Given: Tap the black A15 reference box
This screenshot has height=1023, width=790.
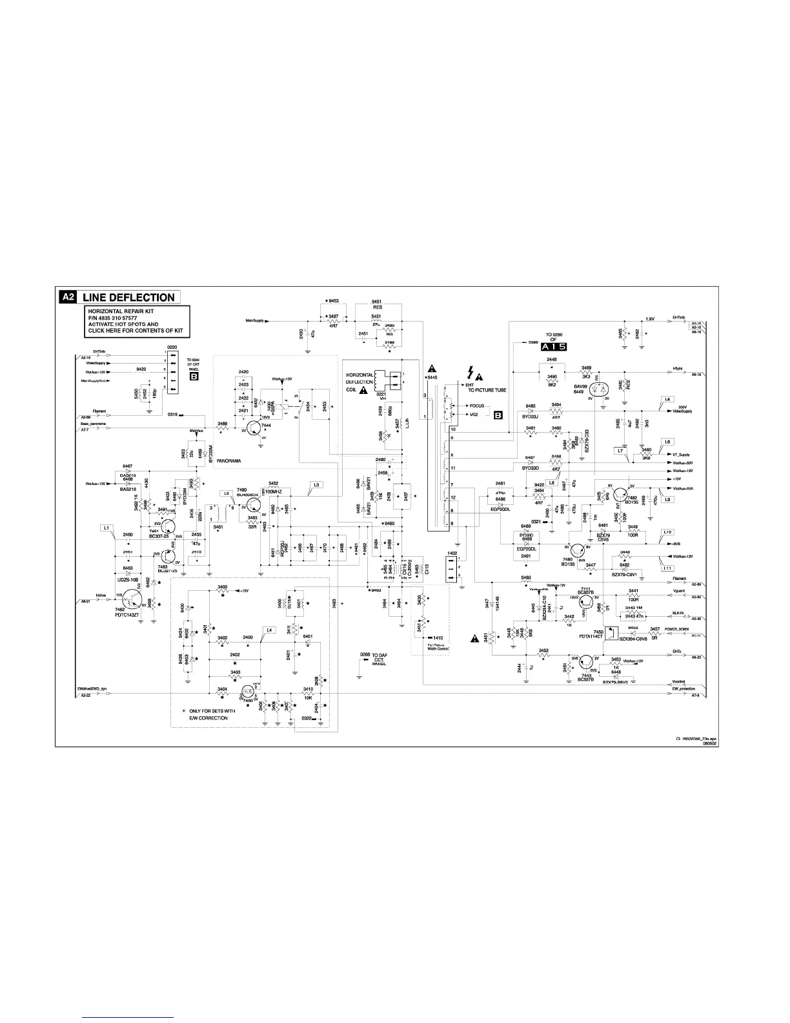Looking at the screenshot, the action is (x=553, y=347).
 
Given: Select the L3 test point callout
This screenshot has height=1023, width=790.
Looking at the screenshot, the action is (x=316, y=484).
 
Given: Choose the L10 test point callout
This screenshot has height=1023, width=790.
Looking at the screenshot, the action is (x=668, y=532).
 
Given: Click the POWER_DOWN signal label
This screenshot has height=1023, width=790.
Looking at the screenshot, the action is (x=676, y=629).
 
